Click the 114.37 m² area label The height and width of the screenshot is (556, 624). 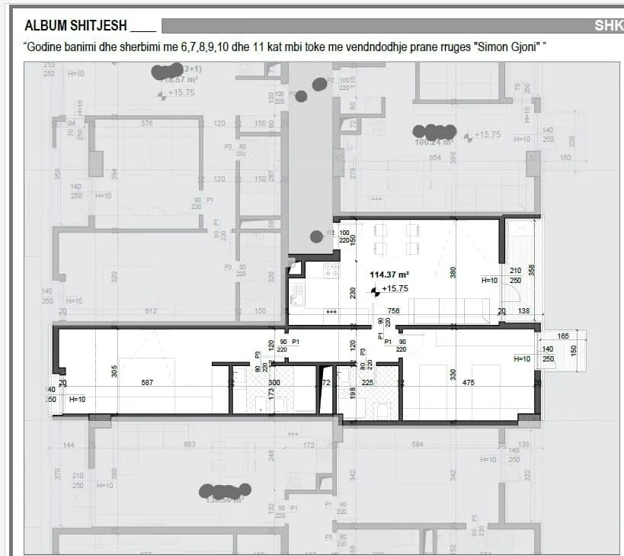(x=389, y=275)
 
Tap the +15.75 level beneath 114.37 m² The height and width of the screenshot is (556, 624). (x=395, y=289)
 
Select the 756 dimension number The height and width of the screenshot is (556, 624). (x=394, y=311)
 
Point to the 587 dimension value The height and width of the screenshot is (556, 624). (x=147, y=383)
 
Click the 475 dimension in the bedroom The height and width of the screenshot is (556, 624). (x=469, y=383)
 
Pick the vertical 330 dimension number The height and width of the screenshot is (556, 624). (x=453, y=374)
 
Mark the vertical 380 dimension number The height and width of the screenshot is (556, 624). (x=453, y=272)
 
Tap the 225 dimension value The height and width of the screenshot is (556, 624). (x=367, y=383)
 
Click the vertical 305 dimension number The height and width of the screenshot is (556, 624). (x=114, y=371)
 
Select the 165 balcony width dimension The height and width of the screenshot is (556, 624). (x=563, y=336)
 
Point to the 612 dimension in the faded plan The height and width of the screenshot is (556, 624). (x=150, y=311)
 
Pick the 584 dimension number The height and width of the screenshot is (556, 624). (x=417, y=445)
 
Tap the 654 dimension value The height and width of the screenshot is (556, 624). (x=435, y=158)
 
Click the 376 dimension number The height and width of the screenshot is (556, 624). (x=147, y=124)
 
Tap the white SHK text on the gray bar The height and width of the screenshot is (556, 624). (x=609, y=26)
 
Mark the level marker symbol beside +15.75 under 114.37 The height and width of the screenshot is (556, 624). (x=374, y=290)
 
